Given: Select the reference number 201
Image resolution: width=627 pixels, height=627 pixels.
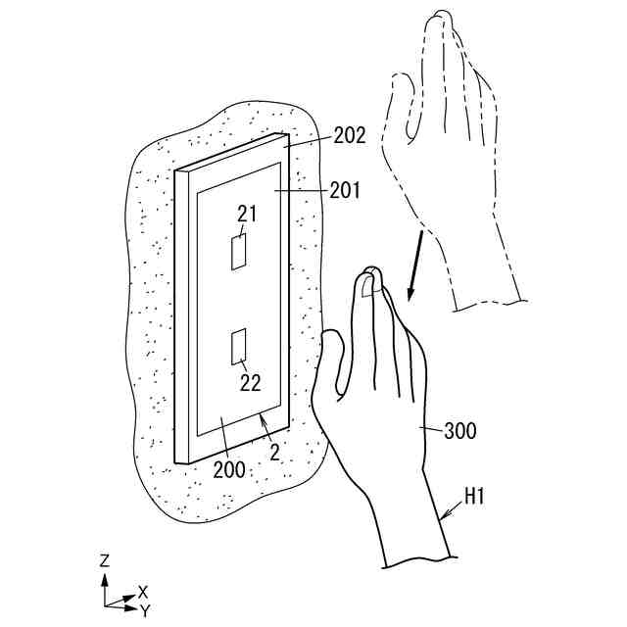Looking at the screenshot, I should pyautogui.click(x=344, y=191).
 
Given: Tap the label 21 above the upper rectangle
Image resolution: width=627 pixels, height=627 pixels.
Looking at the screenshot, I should pyautogui.click(x=246, y=215).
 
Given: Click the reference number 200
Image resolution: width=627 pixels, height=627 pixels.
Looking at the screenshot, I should pyautogui.click(x=230, y=469).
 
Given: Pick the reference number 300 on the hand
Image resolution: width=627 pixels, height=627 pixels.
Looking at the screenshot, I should pyautogui.click(x=459, y=429).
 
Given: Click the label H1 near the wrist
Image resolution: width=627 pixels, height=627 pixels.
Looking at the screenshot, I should pyautogui.click(x=475, y=497).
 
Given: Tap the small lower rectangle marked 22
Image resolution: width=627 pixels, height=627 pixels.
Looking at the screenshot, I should pyautogui.click(x=238, y=345).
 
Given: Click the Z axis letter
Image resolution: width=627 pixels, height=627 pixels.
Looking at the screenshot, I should pyautogui.click(x=104, y=561).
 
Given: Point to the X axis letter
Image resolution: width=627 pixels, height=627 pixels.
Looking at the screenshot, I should pyautogui.click(x=143, y=591).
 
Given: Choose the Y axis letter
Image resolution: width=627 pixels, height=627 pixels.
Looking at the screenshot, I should pyautogui.click(x=144, y=610).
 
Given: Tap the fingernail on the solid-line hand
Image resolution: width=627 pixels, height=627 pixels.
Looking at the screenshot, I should pyautogui.click(x=367, y=284).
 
